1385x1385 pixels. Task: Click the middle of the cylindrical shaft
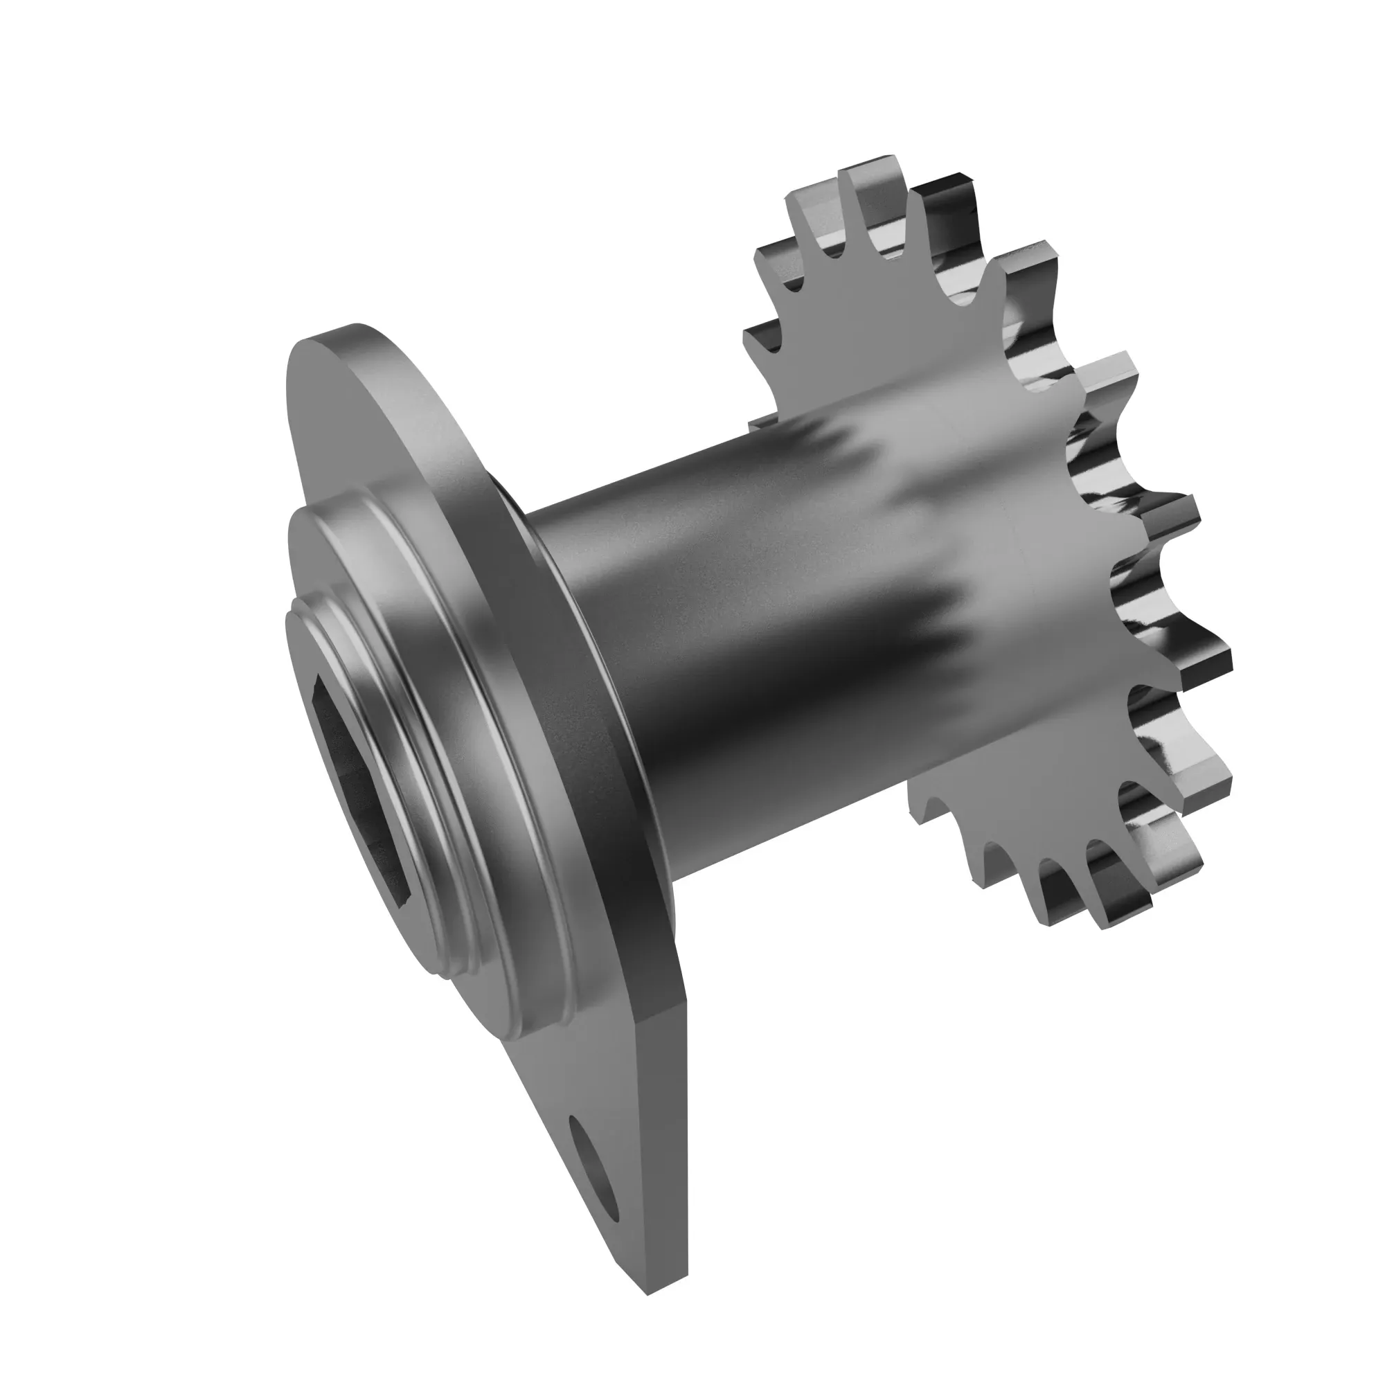point(753,631)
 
